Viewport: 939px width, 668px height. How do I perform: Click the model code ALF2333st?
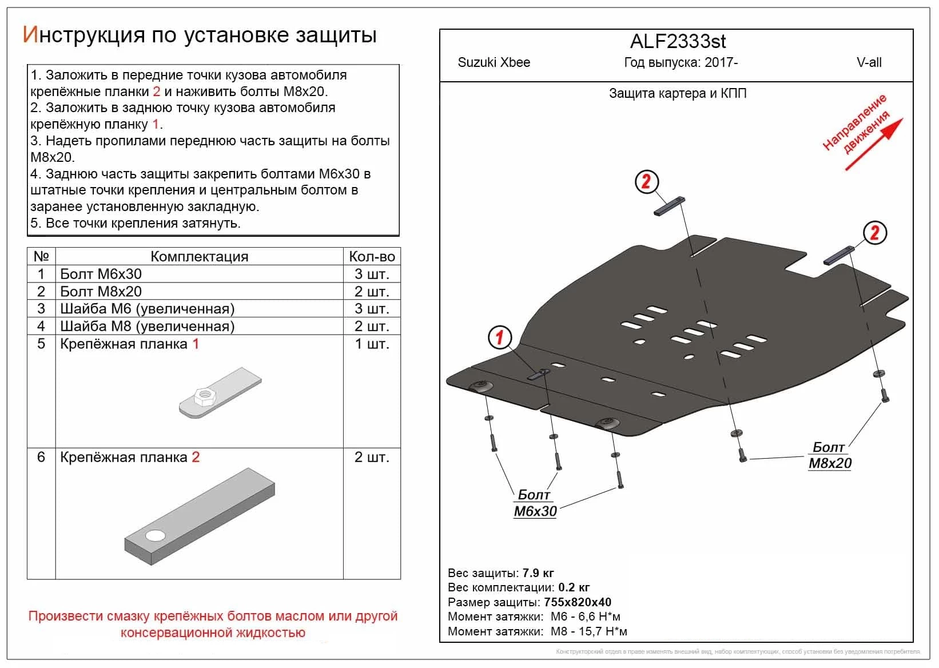[x=678, y=42]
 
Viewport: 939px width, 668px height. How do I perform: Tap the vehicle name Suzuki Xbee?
[x=494, y=62]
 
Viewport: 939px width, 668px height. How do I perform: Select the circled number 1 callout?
[x=499, y=337]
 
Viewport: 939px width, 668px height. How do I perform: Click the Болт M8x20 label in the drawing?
[x=830, y=456]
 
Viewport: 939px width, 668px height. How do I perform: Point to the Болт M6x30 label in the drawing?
[x=535, y=504]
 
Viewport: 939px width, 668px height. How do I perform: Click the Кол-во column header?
[x=372, y=257]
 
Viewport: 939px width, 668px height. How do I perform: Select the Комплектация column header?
[x=199, y=257]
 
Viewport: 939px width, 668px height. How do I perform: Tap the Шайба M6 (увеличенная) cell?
[x=148, y=309]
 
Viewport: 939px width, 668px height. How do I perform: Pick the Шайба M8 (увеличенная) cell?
[x=148, y=327]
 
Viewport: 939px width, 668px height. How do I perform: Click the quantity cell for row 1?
[x=372, y=275]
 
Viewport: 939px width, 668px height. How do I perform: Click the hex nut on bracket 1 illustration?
[x=204, y=395]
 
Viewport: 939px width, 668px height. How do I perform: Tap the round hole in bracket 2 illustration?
[x=155, y=536]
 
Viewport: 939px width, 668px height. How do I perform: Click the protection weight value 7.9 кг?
[x=538, y=573]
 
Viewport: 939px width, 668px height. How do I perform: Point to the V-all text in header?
[x=869, y=62]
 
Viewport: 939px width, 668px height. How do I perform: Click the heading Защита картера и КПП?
[x=678, y=93]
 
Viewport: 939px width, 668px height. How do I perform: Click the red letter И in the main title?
[x=30, y=35]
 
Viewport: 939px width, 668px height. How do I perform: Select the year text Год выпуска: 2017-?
[x=681, y=62]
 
